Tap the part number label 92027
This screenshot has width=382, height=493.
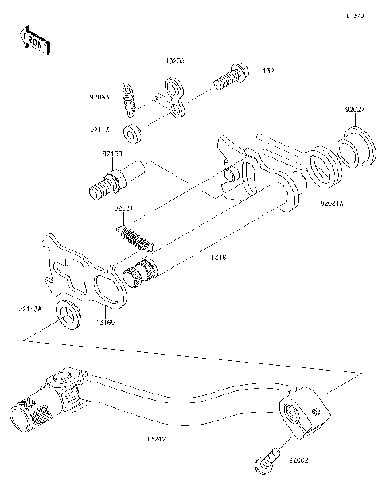pos(355,109)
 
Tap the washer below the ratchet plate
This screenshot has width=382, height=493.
pos(67,315)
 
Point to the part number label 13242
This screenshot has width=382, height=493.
pos(158,438)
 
